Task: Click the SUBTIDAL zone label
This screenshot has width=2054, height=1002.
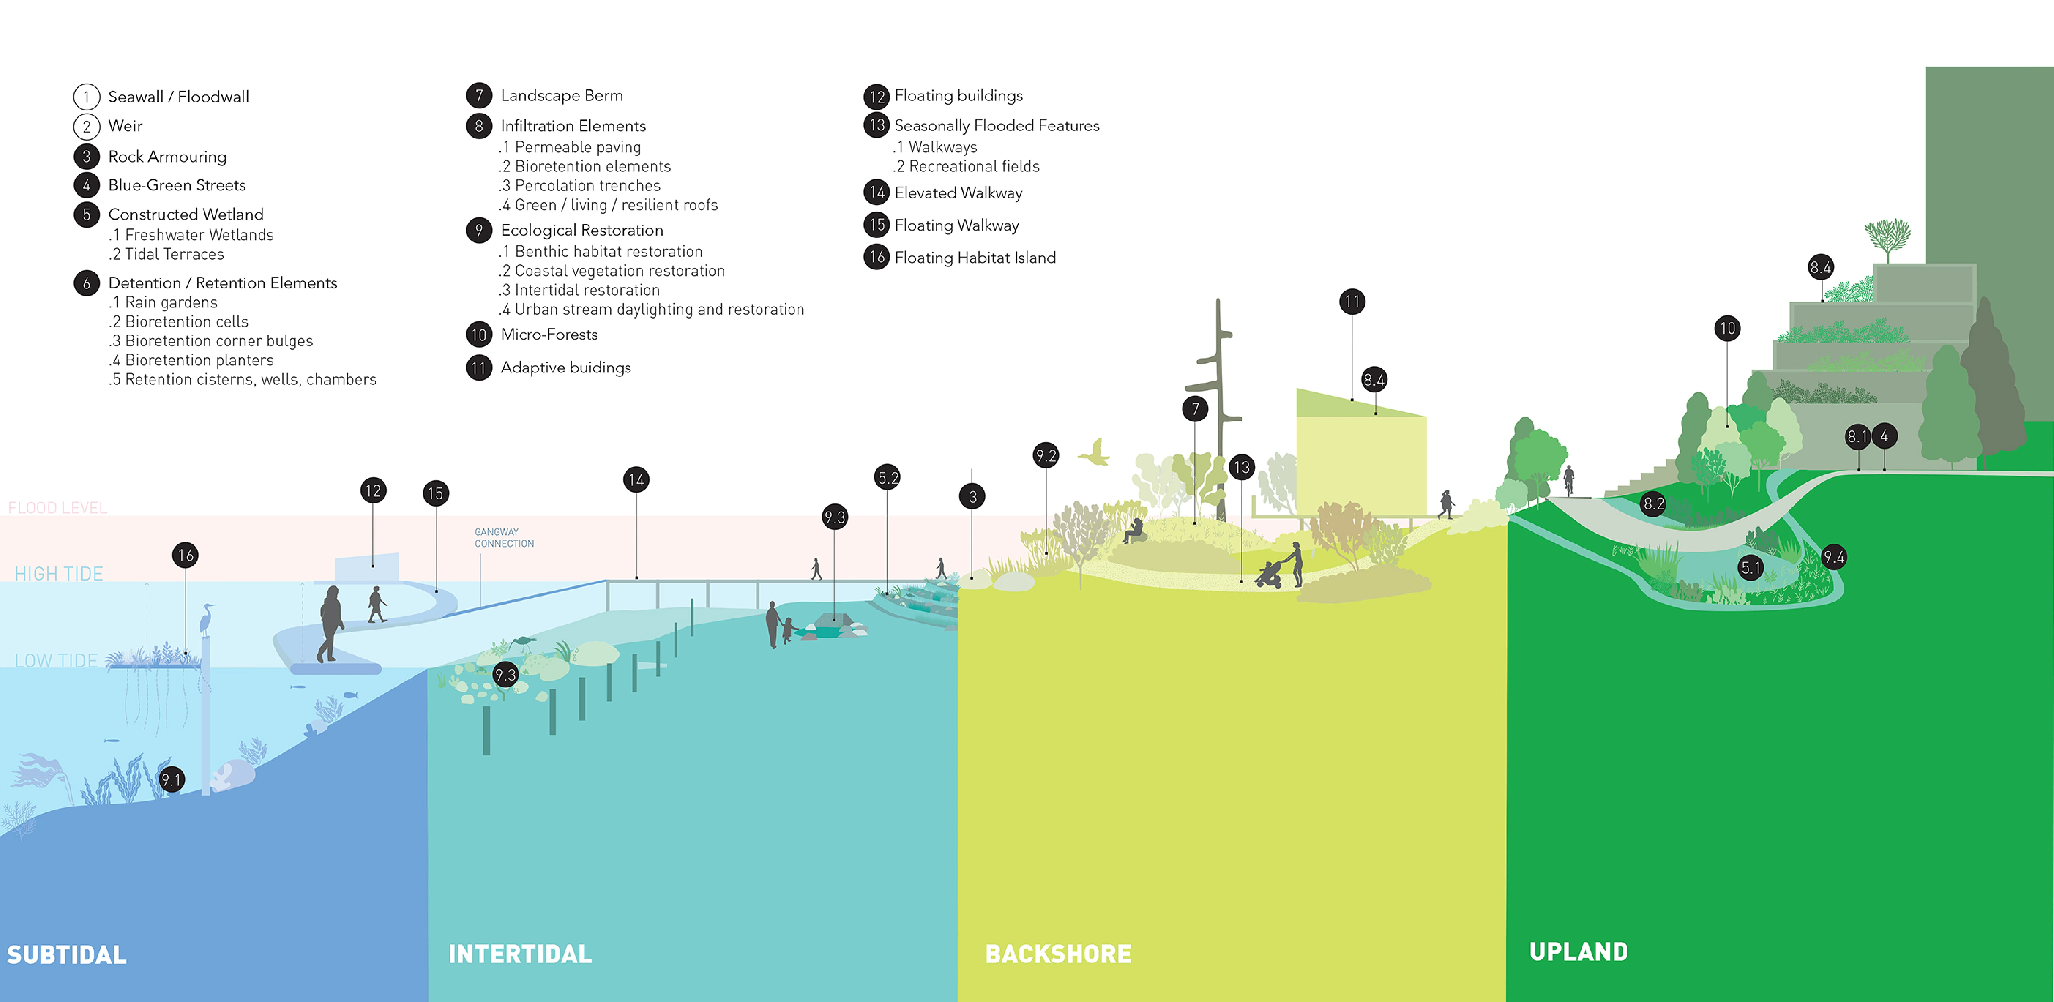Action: pyautogui.click(x=67, y=954)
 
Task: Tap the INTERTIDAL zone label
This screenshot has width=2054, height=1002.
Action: pyautogui.click(x=520, y=953)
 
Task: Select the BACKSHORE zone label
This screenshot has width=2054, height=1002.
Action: pyautogui.click(x=1058, y=953)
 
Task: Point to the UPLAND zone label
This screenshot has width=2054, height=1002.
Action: pyautogui.click(x=1578, y=951)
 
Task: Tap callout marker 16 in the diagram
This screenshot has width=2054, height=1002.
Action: pyautogui.click(x=186, y=555)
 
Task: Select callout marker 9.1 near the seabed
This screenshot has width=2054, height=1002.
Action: pyautogui.click(x=171, y=780)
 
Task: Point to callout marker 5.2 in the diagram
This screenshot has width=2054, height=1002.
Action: pyautogui.click(x=888, y=478)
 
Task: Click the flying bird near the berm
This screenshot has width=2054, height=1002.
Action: pyautogui.click(x=1096, y=453)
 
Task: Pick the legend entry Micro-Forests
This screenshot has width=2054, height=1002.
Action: pyautogui.click(x=548, y=334)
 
